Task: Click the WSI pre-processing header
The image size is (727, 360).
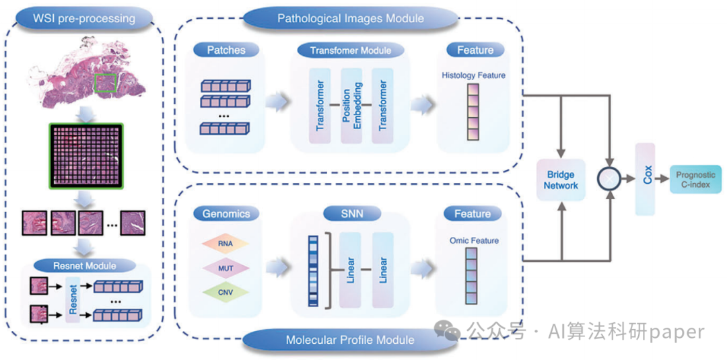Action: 84,17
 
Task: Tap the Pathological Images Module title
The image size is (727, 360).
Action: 350,18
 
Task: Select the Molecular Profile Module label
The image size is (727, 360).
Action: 350,340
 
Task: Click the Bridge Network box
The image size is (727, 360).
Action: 562,180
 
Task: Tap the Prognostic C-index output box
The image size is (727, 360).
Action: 695,179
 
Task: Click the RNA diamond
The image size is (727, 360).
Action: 226,244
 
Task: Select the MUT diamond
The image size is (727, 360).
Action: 226,268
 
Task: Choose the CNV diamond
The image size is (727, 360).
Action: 226,293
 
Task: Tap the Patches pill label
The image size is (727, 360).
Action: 226,50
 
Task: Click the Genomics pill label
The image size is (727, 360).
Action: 226,214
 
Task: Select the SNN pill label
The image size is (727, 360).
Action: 351,214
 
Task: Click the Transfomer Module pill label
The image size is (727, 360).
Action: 350,50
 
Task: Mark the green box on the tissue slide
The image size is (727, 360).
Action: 105,82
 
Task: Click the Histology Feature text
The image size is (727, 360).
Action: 473,75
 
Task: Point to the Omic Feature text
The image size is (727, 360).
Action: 474,240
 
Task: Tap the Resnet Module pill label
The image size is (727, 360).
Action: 83,265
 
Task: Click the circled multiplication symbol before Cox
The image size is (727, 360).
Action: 610,179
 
